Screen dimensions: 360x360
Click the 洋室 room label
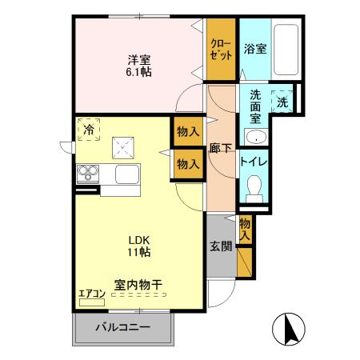tap(138, 59)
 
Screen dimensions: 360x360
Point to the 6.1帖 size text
tap(138, 72)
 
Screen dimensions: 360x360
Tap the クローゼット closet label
tap(222, 50)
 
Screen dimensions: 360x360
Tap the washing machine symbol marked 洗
tap(282, 102)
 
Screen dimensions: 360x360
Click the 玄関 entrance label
tap(221, 246)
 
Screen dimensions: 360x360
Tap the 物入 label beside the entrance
tap(245, 230)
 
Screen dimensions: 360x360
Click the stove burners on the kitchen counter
tap(87, 174)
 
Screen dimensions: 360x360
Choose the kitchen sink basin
tap(126, 174)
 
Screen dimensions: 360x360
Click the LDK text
tap(130, 240)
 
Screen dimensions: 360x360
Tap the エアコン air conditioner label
tap(92, 294)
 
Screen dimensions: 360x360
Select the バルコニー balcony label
tap(123, 326)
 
